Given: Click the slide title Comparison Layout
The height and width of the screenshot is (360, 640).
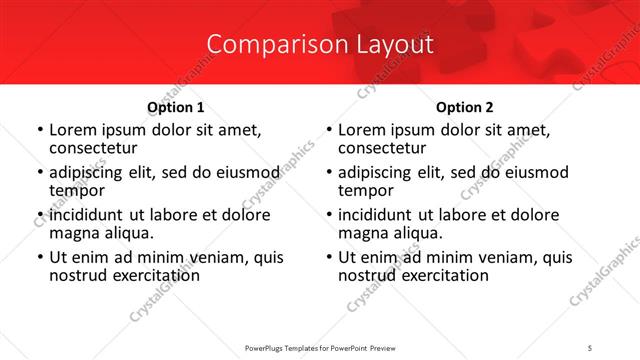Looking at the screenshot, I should (320, 44).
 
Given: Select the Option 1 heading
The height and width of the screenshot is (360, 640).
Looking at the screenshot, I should (176, 107).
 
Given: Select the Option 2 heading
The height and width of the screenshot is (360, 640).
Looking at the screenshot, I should (465, 107).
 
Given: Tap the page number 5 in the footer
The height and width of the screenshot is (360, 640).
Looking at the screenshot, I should (590, 347).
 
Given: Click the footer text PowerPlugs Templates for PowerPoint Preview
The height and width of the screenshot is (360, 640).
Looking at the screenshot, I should (320, 347).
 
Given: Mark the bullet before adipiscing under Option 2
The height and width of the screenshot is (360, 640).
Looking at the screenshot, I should (328, 173).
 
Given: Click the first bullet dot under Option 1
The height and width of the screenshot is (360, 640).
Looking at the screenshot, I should (39, 130).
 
